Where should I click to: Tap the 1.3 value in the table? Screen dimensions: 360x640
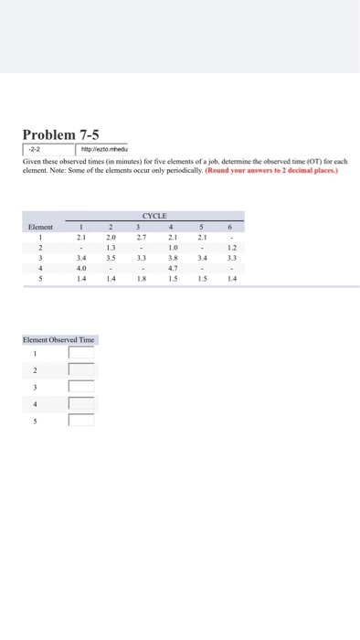(111, 249)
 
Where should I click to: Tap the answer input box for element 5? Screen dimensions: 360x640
(80, 421)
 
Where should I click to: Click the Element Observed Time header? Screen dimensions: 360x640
(58, 339)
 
